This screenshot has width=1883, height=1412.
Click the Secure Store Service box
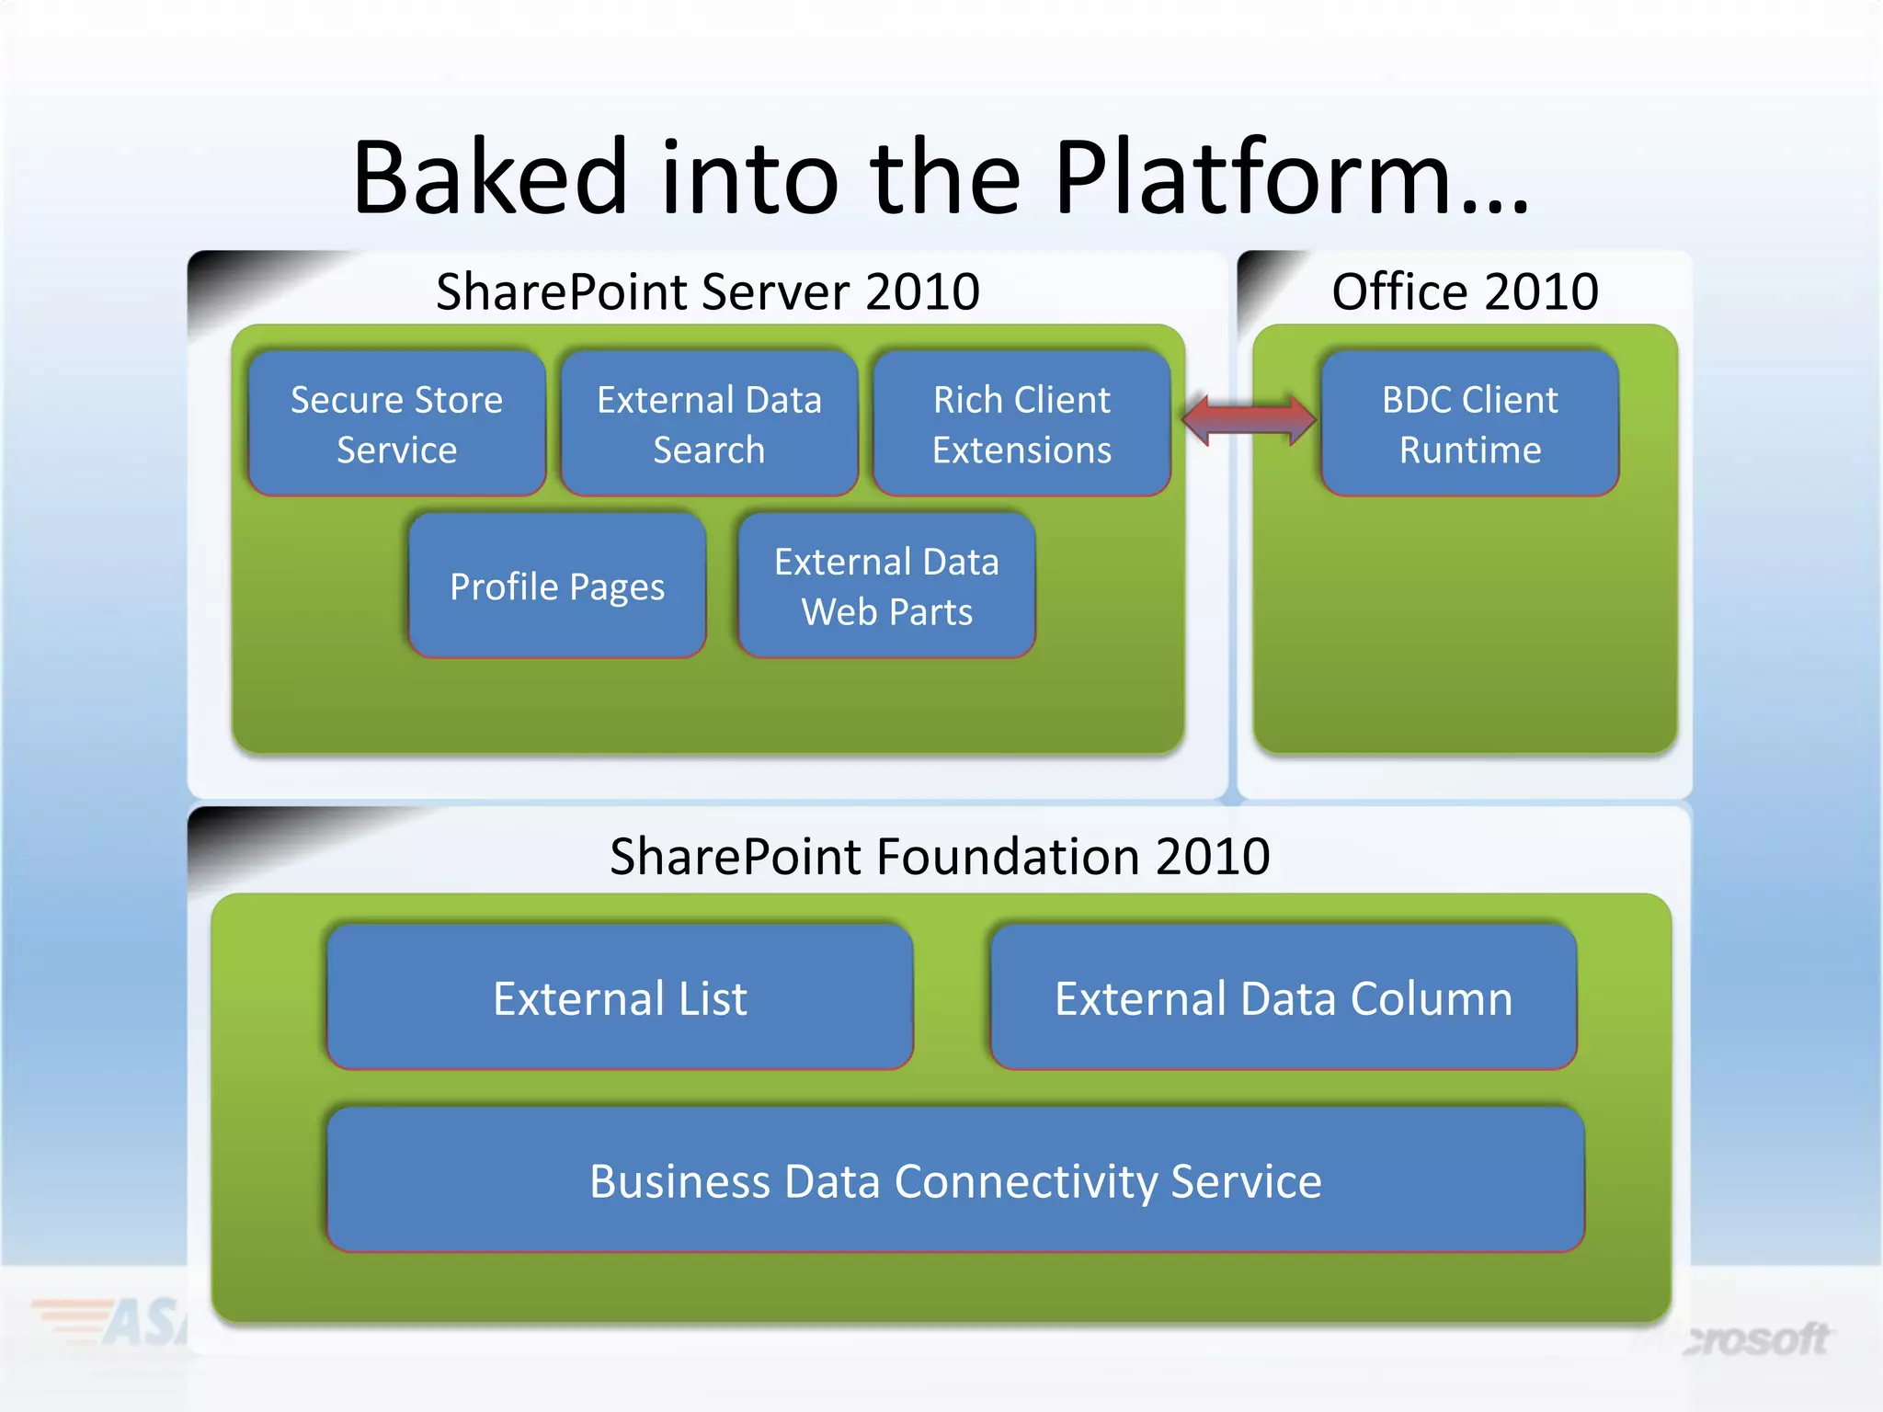coord(396,424)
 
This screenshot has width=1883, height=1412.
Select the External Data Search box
coord(709,424)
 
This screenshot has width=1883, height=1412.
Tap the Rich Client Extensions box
coord(1021,424)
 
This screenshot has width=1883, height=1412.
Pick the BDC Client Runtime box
coord(1469,424)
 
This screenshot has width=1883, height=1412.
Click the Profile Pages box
coord(557,586)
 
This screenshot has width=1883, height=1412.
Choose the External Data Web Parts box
coord(886,586)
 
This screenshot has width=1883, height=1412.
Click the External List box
coord(620,998)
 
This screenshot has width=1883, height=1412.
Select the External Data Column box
coord(1284,998)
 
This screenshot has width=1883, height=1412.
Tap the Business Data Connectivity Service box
coord(955,1180)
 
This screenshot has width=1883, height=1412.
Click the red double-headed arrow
coord(1249,420)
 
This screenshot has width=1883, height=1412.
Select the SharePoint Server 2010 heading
coord(707,291)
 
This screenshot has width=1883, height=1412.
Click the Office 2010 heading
coord(1465,291)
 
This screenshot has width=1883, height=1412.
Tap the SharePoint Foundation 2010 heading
coord(940,857)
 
